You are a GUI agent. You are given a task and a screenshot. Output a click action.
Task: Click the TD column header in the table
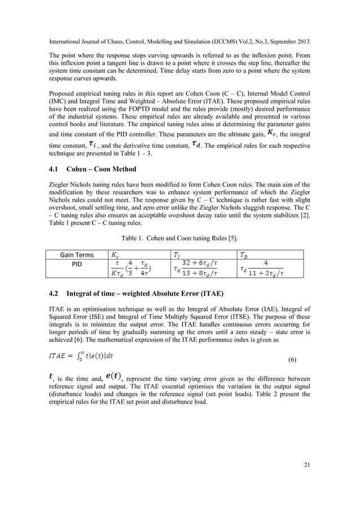244,255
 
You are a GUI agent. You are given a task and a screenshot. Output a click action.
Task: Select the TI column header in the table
177,255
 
